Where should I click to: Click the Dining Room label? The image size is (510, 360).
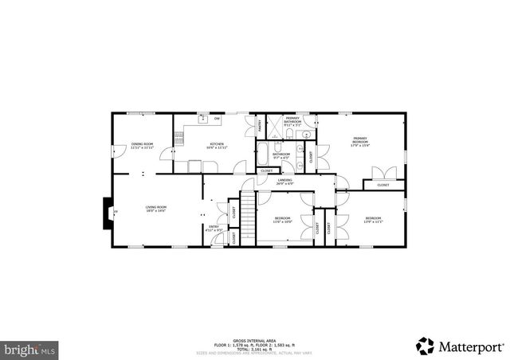[142, 145]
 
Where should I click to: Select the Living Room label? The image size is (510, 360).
[155, 209]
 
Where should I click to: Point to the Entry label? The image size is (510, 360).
[214, 229]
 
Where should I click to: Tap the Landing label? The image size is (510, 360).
[284, 182]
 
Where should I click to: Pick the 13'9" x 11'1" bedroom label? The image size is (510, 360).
[374, 220]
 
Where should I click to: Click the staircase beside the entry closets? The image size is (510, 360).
[248, 216]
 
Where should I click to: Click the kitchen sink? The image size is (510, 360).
[203, 120]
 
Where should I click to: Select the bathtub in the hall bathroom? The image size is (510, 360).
[263, 153]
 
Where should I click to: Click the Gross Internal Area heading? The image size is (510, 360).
[254, 339]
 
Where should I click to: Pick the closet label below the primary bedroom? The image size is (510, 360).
[383, 185]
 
